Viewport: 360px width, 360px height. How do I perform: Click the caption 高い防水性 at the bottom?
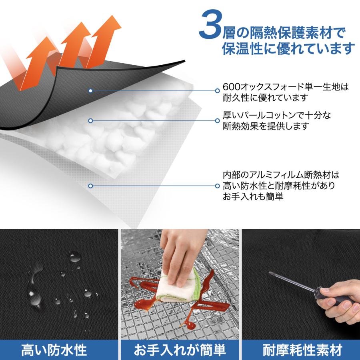click(54, 350)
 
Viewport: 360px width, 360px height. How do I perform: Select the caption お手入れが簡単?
click(180, 350)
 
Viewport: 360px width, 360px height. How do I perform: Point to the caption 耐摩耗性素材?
click(302, 350)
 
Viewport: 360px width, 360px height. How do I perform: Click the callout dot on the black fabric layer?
click(91, 91)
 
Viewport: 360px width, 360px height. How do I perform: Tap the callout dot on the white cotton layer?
click(91, 120)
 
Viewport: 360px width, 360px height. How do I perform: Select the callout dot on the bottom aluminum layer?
click(91, 186)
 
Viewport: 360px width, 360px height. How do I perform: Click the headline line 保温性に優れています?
click(288, 49)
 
